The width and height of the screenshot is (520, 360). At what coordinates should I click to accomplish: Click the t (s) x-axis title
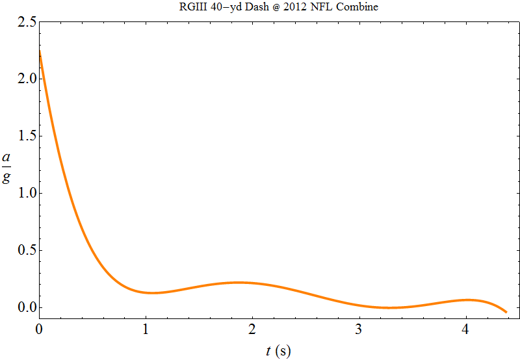pyautogui.click(x=278, y=352)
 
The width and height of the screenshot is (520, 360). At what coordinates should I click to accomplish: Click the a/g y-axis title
pyautogui.click(x=6, y=168)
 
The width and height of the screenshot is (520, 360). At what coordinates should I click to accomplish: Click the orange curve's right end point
pyautogui.click(x=506, y=313)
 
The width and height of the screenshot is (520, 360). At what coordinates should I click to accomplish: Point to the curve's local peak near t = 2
pyautogui.click(x=239, y=282)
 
